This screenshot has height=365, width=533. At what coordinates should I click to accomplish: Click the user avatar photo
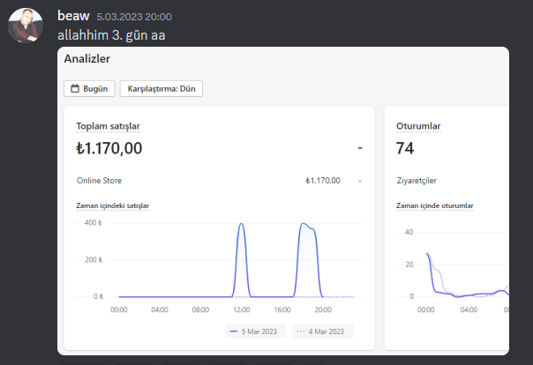(26, 26)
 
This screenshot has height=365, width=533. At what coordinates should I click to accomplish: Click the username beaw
(73, 16)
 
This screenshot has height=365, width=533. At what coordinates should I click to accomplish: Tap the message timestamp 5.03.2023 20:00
(134, 17)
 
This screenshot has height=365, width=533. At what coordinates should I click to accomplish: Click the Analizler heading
(87, 59)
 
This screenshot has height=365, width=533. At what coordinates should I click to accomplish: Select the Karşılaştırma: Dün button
(161, 89)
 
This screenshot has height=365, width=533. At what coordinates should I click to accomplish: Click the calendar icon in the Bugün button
(75, 89)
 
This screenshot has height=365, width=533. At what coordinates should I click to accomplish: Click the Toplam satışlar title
(108, 126)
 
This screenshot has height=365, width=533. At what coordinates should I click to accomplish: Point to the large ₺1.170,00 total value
(109, 148)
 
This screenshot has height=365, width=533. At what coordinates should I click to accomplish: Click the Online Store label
(99, 180)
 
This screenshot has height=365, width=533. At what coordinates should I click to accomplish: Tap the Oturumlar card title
(418, 126)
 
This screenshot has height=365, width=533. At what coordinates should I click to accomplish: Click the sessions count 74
(405, 148)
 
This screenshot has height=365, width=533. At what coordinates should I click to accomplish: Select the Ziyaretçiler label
(417, 181)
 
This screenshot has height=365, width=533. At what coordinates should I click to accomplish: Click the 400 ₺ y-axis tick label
(94, 223)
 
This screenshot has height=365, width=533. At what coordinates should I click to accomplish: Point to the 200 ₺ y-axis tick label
(94, 260)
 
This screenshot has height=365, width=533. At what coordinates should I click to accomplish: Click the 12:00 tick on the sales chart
(241, 309)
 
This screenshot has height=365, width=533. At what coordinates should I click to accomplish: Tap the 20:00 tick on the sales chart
(323, 309)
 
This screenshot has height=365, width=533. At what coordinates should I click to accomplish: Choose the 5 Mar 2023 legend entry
(256, 331)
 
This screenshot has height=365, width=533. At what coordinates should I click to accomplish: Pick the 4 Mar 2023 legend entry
(323, 331)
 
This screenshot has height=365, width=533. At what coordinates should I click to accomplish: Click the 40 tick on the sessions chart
(409, 232)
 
